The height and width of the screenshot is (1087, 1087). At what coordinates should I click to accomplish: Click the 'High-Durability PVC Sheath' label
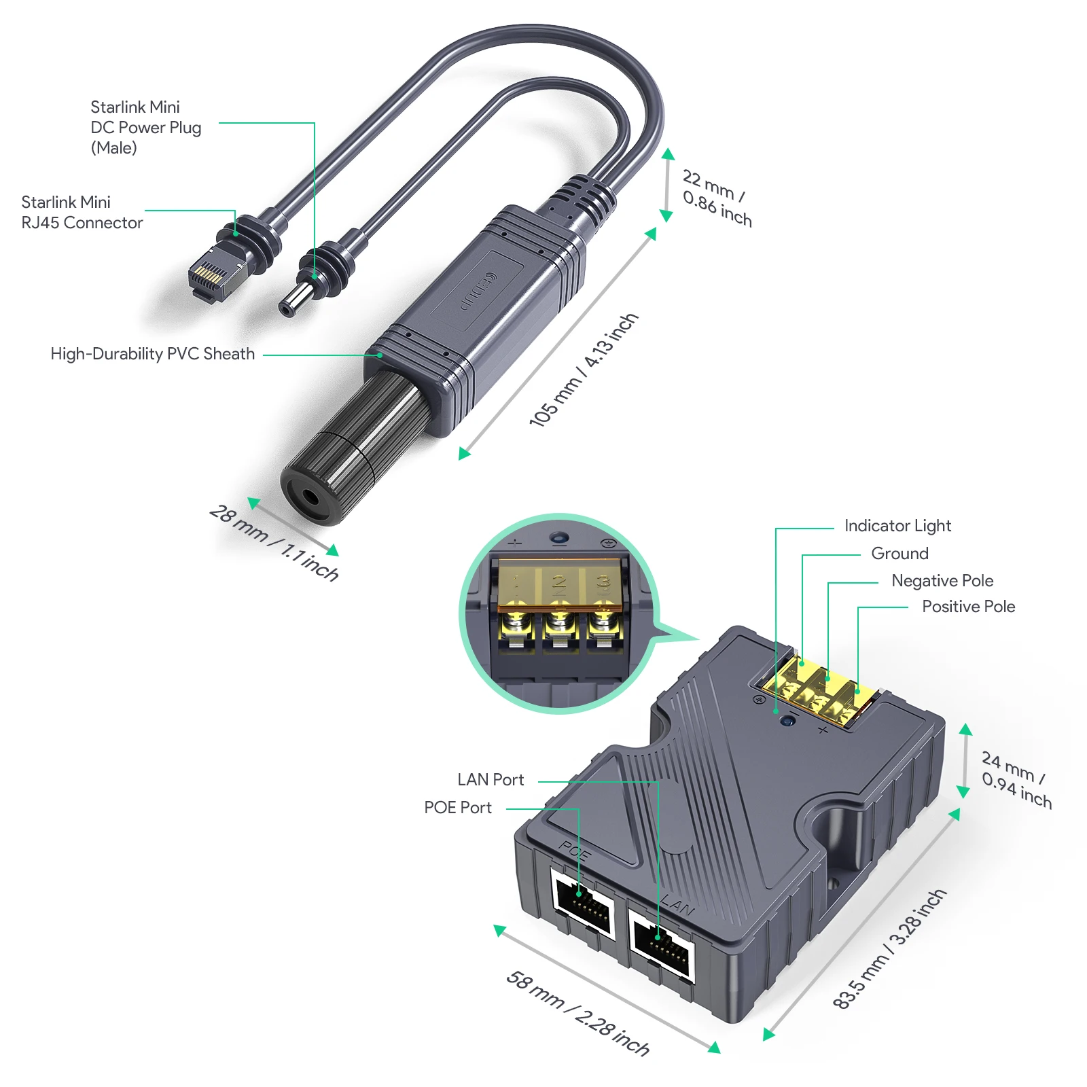tap(152, 354)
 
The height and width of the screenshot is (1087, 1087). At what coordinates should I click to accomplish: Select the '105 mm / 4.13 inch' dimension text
tap(584, 370)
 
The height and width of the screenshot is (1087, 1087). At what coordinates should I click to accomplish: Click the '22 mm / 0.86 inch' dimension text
tap(717, 198)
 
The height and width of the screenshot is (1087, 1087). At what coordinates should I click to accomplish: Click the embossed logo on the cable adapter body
tap(478, 291)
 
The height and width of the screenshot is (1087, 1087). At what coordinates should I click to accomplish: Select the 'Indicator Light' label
tap(897, 526)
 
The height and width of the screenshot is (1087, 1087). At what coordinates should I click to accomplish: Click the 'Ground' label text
tap(899, 554)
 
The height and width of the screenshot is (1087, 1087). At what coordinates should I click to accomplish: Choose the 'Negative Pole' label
tap(942, 581)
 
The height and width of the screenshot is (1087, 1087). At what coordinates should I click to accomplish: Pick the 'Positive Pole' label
tap(968, 607)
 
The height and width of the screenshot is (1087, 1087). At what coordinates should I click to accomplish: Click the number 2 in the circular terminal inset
tap(558, 582)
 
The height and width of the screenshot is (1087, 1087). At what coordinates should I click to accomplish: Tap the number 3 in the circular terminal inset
tap(602, 582)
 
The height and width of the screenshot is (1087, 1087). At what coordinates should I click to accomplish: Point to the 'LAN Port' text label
tap(491, 780)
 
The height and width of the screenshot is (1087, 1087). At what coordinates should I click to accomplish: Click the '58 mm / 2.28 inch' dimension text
tap(577, 1013)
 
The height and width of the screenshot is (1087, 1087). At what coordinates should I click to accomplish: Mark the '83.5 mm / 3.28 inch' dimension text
tap(889, 949)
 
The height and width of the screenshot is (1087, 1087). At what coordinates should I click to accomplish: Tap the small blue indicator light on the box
tap(788, 721)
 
